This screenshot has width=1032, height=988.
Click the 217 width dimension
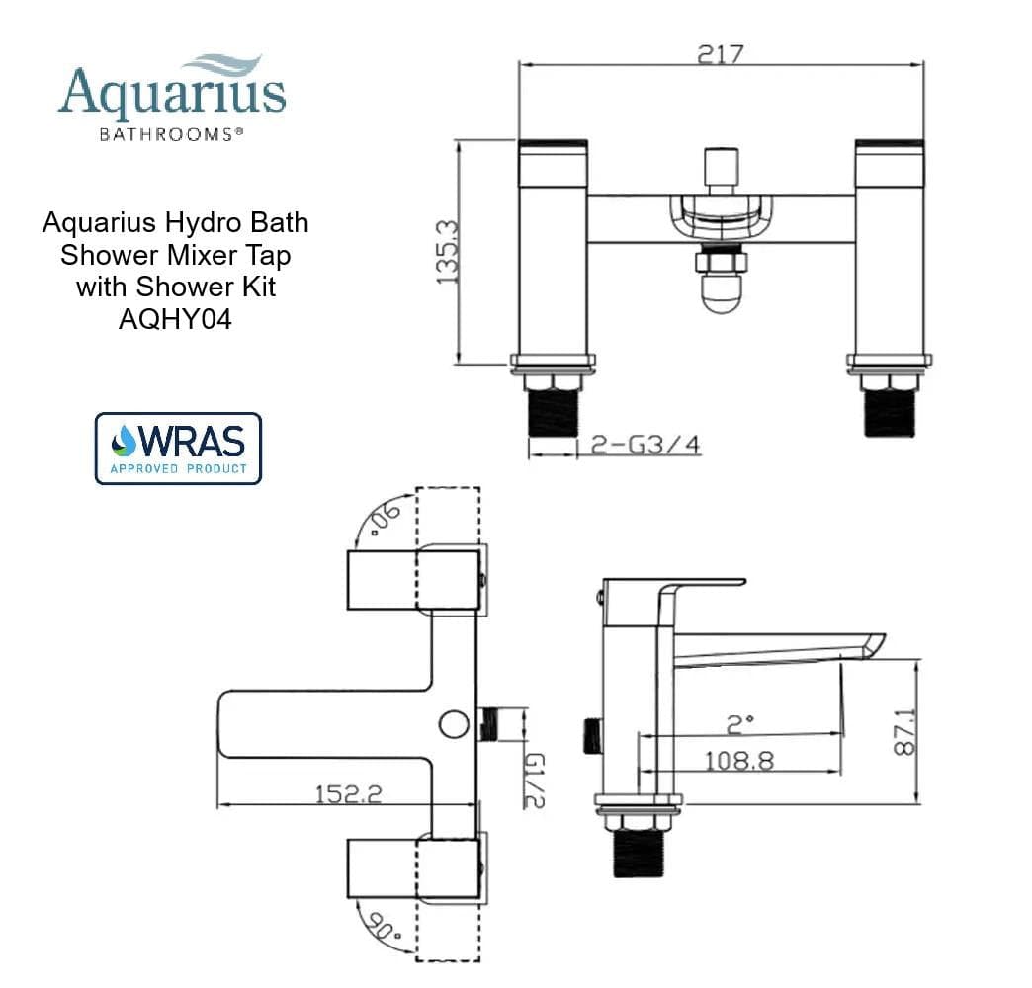(720, 53)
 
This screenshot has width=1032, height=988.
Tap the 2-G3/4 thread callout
(645, 446)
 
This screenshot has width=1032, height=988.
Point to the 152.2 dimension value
(348, 793)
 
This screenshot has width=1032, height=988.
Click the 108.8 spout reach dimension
(738, 761)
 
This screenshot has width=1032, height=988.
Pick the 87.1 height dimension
(903, 730)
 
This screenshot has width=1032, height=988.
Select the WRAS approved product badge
(178, 449)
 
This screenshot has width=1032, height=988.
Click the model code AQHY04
(175, 319)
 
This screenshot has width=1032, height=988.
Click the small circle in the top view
(454, 723)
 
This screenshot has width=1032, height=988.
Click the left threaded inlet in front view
(553, 412)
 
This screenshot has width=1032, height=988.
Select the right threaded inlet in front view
(889, 412)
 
